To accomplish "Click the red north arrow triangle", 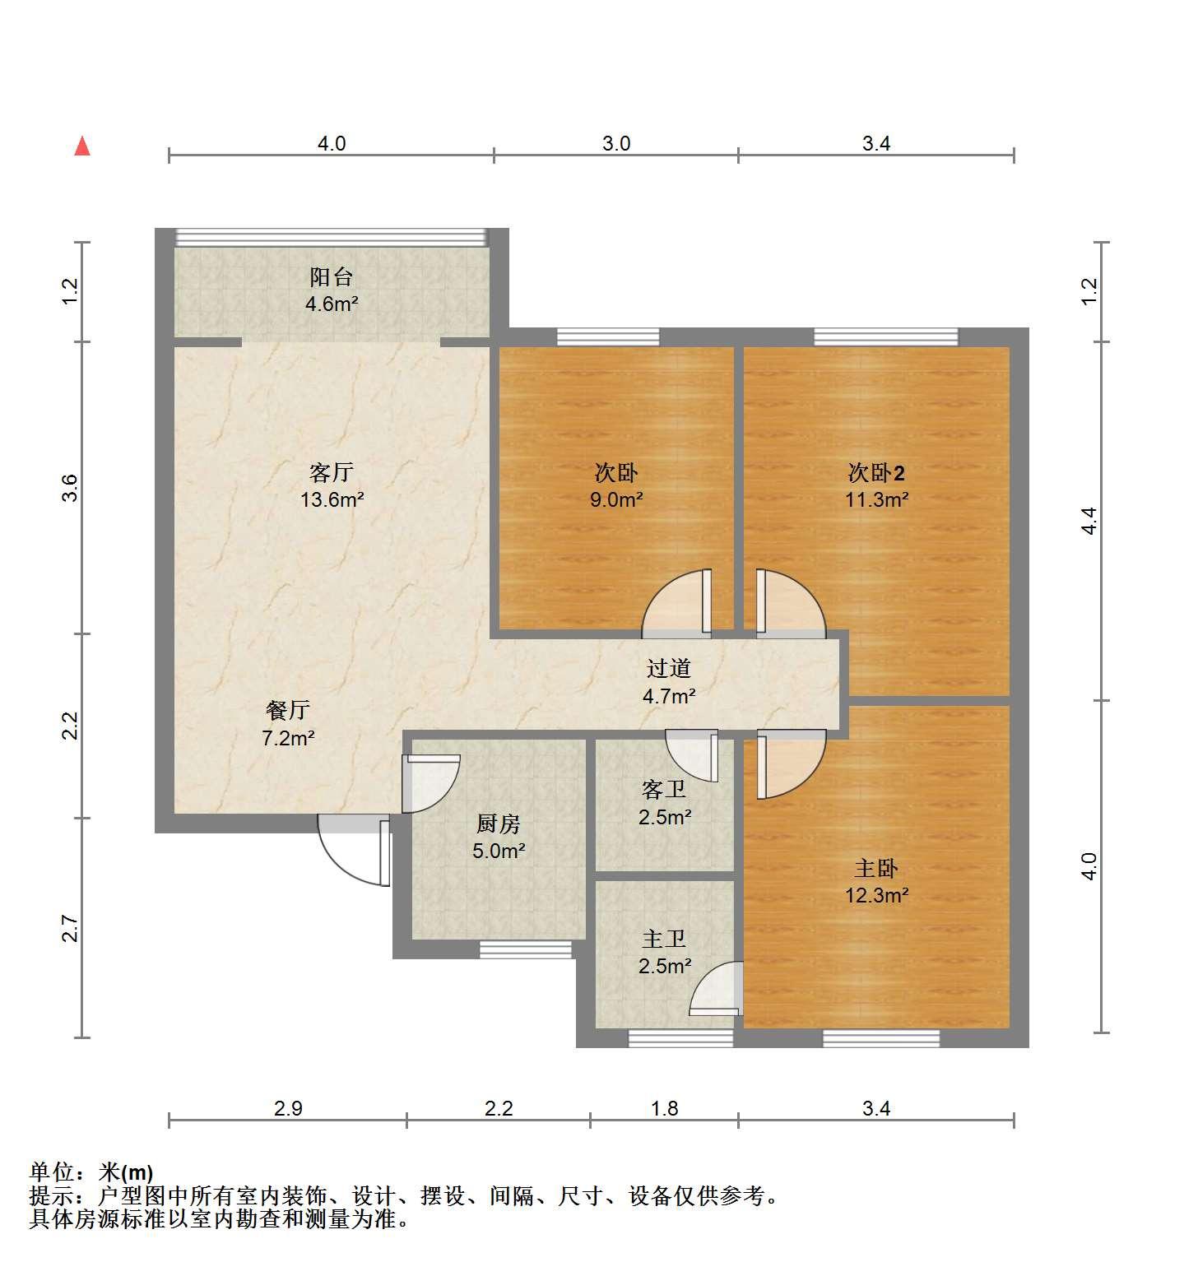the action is pyautogui.click(x=82, y=146).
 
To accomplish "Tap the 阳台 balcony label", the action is pyautogui.click(x=332, y=276).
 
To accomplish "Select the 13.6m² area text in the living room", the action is pyautogui.click(x=332, y=499).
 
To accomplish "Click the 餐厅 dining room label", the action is pyautogui.click(x=288, y=710).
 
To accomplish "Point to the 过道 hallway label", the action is pyautogui.click(x=668, y=669).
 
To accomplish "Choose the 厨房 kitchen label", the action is pyautogui.click(x=499, y=824).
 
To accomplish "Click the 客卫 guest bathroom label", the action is pyautogui.click(x=664, y=790).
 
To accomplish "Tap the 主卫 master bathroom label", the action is pyautogui.click(x=664, y=939).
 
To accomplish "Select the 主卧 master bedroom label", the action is pyautogui.click(x=876, y=868).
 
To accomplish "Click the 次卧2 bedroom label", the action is pyautogui.click(x=876, y=473).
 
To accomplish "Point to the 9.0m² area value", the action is pyautogui.click(x=616, y=499).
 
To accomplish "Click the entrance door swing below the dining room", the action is pyautogui.click(x=354, y=850).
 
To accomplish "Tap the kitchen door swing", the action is pyautogui.click(x=429, y=784).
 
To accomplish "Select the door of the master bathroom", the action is pyautogui.click(x=716, y=989).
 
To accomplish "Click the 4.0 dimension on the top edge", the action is pyautogui.click(x=332, y=144).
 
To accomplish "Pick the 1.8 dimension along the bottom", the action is pyautogui.click(x=664, y=1109).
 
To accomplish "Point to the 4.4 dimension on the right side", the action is pyautogui.click(x=1089, y=521).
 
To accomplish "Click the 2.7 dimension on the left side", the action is pyautogui.click(x=71, y=929).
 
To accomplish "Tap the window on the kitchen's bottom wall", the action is pyautogui.click(x=526, y=949).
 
